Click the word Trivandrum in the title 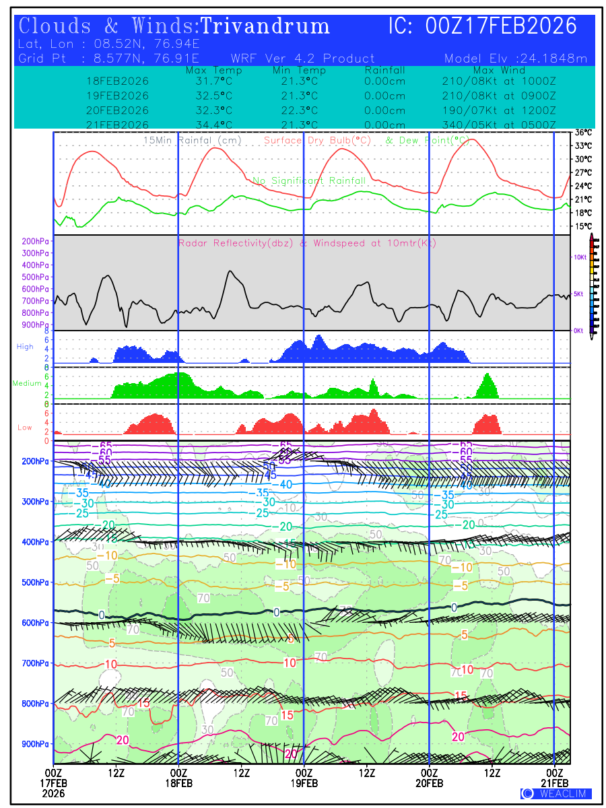(x=265, y=26)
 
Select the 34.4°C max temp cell (x=209, y=125)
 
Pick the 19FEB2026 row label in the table (x=117, y=96)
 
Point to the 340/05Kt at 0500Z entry (x=499, y=125)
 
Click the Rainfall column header (x=384, y=70)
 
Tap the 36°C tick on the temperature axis (x=583, y=133)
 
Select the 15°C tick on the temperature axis (x=583, y=226)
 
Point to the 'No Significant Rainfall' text (x=309, y=180)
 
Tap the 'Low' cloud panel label (x=25, y=428)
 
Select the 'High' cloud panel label (x=25, y=347)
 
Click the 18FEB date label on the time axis (x=178, y=783)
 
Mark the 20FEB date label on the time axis (x=429, y=783)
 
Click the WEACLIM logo (x=555, y=793)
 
